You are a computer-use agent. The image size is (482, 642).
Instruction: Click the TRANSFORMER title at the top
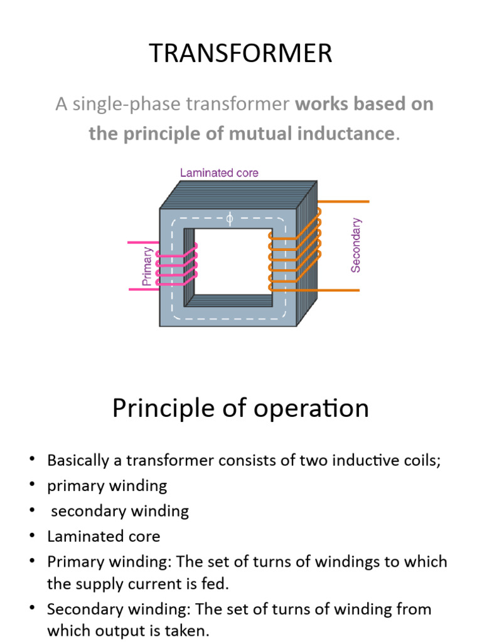point(240,54)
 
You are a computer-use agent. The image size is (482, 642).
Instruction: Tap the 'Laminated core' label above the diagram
point(219,172)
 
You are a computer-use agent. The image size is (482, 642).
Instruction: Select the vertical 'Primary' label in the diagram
point(147,266)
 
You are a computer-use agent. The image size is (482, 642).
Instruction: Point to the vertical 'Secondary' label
point(356,245)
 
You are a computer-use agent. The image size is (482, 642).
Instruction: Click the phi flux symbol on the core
point(229,219)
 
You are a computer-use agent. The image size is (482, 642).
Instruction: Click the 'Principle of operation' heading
point(240,409)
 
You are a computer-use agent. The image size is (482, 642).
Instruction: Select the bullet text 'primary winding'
point(107,485)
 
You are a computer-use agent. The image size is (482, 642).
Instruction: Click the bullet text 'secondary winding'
point(120,510)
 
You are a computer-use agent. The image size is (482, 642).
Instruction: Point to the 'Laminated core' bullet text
point(104,536)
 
